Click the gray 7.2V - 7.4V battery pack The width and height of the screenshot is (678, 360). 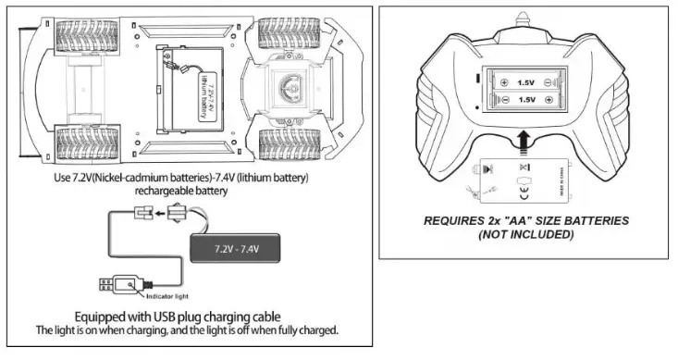[235, 248]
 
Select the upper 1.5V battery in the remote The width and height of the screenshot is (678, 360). [524, 81]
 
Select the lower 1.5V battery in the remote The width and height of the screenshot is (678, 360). [524, 100]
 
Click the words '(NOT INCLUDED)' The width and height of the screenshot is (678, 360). [525, 235]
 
